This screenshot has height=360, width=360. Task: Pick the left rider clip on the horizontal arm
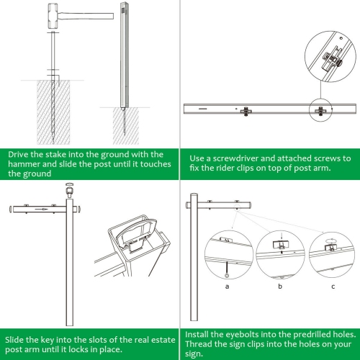point(247,110)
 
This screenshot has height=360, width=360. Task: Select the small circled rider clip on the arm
point(317,110)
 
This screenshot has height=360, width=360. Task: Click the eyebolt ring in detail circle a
point(228,273)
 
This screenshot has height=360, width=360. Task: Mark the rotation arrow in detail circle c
point(331,233)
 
